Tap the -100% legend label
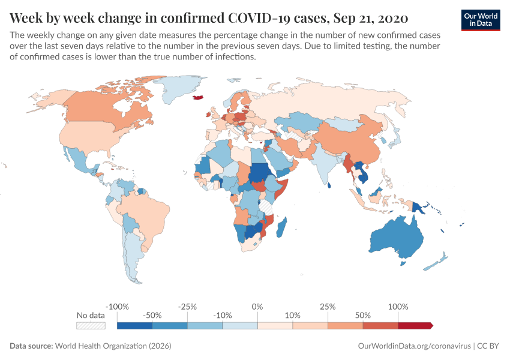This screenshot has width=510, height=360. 117,307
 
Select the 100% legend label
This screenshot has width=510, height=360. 398,307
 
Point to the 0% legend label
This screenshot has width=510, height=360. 257,307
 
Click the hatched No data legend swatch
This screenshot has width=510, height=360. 91,325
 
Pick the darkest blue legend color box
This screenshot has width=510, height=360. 134,325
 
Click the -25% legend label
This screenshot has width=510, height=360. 187,307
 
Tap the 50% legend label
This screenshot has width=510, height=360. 363,315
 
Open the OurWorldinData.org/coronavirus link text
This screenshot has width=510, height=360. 413,346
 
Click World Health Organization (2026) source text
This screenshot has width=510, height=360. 113,346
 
